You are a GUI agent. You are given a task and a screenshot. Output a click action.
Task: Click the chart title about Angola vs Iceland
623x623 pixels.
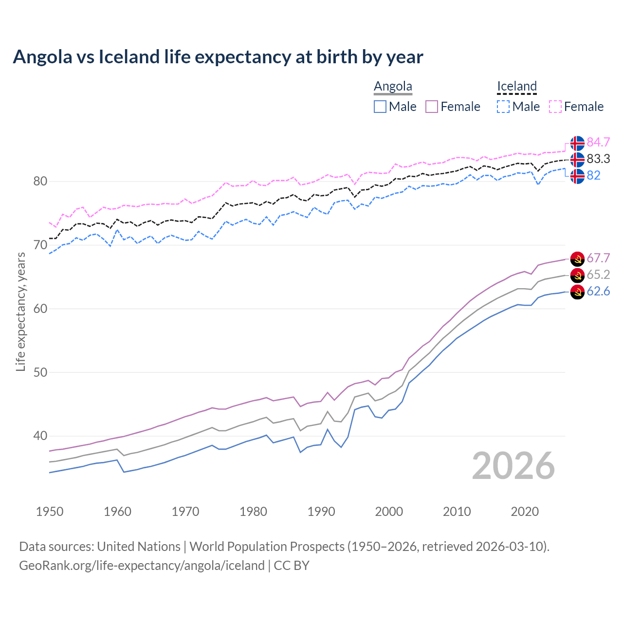pos(218,57)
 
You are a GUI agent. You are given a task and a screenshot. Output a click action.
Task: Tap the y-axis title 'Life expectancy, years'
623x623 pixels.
pos(20,311)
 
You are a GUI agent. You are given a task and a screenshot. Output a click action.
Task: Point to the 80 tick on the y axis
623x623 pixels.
pos(40,182)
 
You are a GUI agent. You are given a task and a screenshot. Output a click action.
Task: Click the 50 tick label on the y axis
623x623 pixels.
pos(40,373)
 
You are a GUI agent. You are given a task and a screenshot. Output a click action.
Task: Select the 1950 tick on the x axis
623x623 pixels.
pos(50,512)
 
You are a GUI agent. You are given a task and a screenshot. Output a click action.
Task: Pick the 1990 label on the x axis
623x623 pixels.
pos(321,512)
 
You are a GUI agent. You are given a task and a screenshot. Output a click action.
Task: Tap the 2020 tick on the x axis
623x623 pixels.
pos(525,512)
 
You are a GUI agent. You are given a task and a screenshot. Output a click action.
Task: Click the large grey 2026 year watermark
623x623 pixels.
pos(513,466)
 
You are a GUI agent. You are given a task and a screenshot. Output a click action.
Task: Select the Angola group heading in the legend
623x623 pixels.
pos(393,87)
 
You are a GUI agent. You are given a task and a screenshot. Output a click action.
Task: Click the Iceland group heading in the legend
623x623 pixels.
pos(516,87)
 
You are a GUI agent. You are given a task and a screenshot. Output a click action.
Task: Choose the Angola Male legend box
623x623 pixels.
pos(380,107)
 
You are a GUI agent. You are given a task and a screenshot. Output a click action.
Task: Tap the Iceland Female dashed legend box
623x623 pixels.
pos(555,107)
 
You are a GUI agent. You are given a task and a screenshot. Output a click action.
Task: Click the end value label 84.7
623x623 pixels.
pos(598,142)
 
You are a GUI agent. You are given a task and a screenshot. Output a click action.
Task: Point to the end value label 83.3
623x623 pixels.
pos(598,159)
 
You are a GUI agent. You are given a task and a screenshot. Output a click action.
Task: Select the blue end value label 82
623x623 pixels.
pos(594,176)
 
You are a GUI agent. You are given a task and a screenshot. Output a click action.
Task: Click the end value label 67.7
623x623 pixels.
pos(598,258)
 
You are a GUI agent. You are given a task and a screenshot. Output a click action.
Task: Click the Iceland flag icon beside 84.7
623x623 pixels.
pos(577,143)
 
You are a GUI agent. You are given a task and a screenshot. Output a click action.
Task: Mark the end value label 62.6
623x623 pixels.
pos(598,292)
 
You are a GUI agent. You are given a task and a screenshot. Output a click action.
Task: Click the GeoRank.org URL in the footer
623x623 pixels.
pos(142,566)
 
